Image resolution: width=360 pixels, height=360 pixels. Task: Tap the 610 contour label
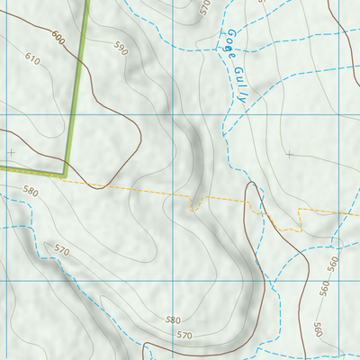[33, 59]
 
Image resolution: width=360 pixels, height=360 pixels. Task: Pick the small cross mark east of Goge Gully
[289, 154]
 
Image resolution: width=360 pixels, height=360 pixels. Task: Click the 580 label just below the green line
[31, 192]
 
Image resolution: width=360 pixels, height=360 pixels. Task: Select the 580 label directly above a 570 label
[173, 320]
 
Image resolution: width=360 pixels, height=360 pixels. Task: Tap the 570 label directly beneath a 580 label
[184, 335]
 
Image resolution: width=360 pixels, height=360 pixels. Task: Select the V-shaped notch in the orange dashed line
[193, 209]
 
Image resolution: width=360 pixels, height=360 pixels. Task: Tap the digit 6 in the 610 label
[27, 56]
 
